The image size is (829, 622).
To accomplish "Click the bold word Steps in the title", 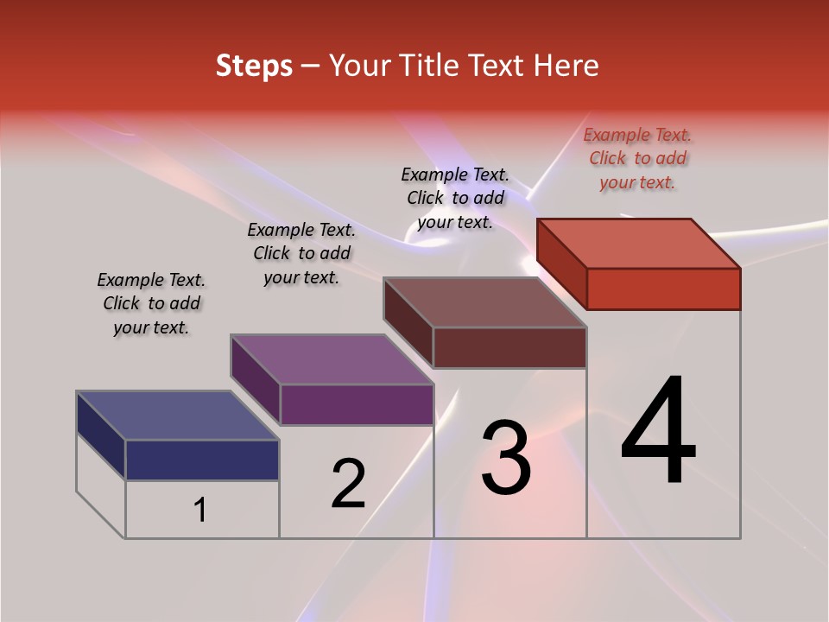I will [254, 66].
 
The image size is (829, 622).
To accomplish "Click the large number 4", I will [659, 431].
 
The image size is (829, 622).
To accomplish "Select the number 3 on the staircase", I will [506, 458].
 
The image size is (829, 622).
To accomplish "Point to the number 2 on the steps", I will [349, 484].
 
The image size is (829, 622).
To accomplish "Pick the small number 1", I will [200, 511].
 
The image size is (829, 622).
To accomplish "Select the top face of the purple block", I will [332, 359].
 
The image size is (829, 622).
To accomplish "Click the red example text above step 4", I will [638, 158].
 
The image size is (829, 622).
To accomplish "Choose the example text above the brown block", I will [456, 198].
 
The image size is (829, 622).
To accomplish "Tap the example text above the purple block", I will [301, 253].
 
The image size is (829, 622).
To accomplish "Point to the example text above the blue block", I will [151, 303].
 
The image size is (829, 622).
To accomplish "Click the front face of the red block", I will [663, 289].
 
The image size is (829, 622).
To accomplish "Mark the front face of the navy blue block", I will [202, 460].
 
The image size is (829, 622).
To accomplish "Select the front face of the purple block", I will [357, 404].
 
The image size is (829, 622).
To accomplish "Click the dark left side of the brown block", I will [408, 321].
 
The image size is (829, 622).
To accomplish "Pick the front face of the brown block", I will [509, 347].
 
